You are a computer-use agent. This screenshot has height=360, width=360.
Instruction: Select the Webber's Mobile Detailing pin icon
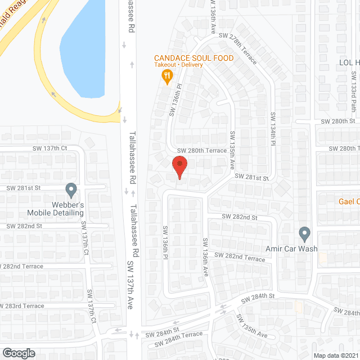[71, 190]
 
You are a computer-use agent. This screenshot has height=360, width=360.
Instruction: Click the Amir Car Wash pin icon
[304, 233]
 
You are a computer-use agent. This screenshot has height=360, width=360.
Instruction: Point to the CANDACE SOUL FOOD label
[194, 58]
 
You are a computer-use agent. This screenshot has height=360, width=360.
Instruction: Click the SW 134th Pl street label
[274, 131]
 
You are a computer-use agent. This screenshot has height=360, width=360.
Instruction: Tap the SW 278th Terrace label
[238, 47]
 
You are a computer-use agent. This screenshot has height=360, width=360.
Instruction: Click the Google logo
[19, 353]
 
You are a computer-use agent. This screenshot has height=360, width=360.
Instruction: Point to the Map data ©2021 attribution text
[335, 355]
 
